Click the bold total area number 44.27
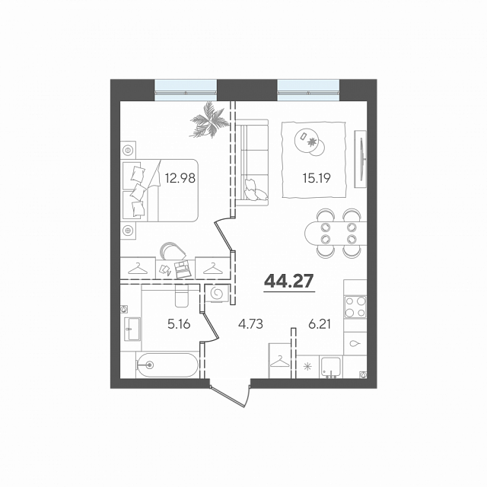point(289,281)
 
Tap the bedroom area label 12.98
point(180,178)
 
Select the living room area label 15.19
point(317,178)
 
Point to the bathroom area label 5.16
point(179,324)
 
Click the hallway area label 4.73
point(250,324)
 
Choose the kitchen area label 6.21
point(320,324)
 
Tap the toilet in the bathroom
point(182,296)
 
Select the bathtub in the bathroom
point(167,365)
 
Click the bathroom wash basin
point(132,329)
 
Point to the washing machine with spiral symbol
point(217,293)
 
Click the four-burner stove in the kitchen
point(355,307)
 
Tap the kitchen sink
point(331,368)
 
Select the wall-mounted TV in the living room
point(361,159)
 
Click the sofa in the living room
point(252,162)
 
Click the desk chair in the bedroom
point(172,250)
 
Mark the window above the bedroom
point(186,90)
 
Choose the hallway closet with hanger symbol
point(279,361)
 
